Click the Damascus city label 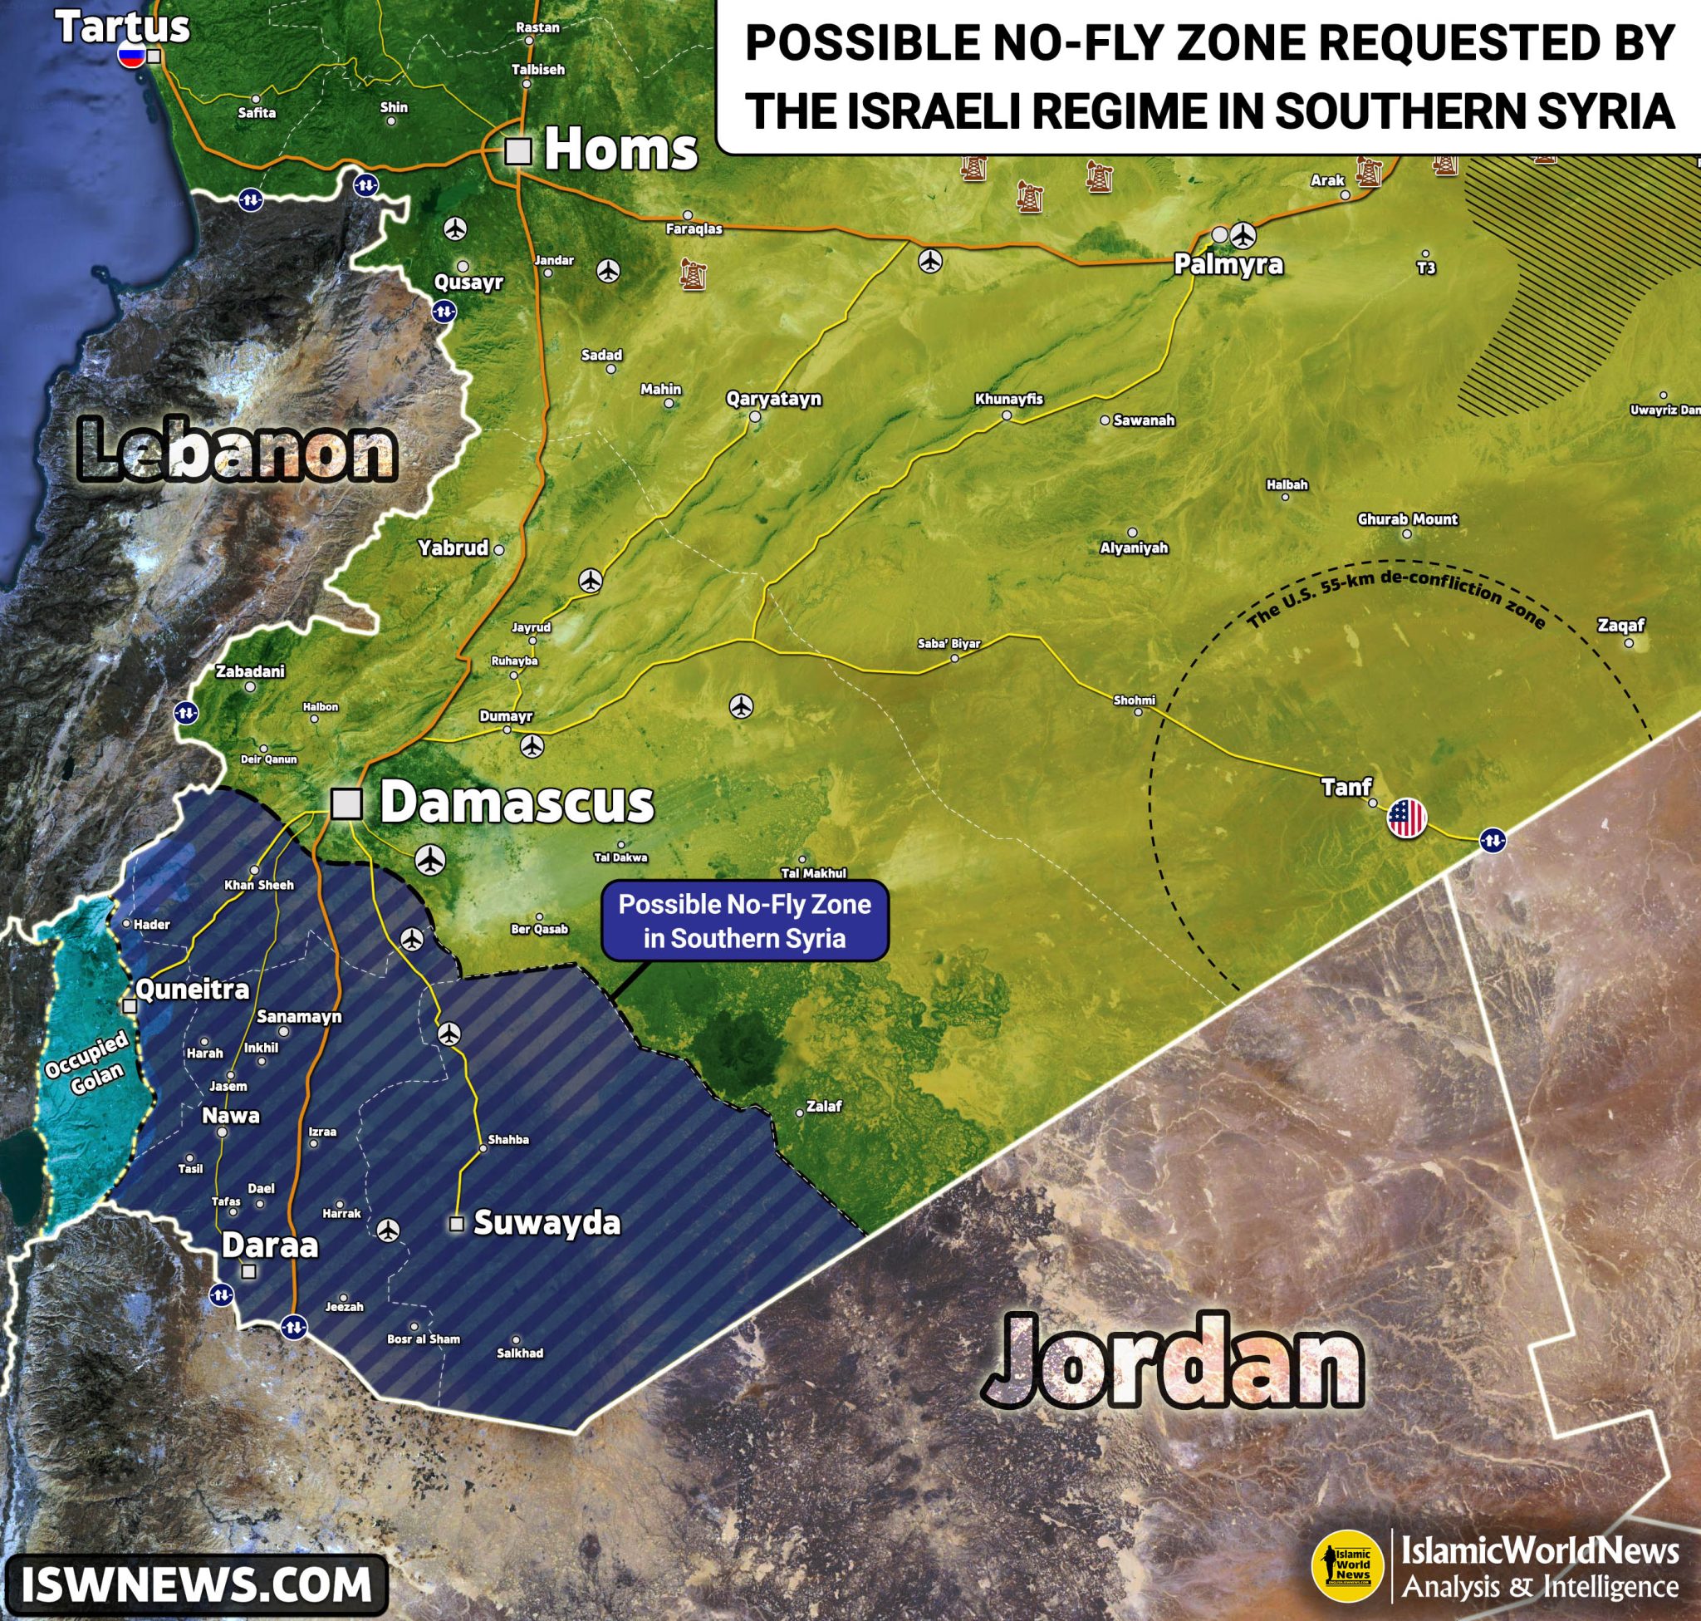[x=516, y=803]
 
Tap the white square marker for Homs [x=517, y=151]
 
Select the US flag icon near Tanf [x=1406, y=818]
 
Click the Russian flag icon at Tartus [x=132, y=56]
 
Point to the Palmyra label [x=1228, y=265]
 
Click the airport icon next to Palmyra [x=1244, y=234]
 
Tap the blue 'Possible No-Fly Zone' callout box [x=744, y=921]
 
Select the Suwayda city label [x=547, y=1224]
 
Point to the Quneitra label [x=193, y=990]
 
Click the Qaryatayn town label [x=773, y=399]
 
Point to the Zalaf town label [x=823, y=1106]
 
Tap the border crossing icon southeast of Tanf [x=1493, y=839]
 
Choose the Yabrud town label [x=453, y=548]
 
